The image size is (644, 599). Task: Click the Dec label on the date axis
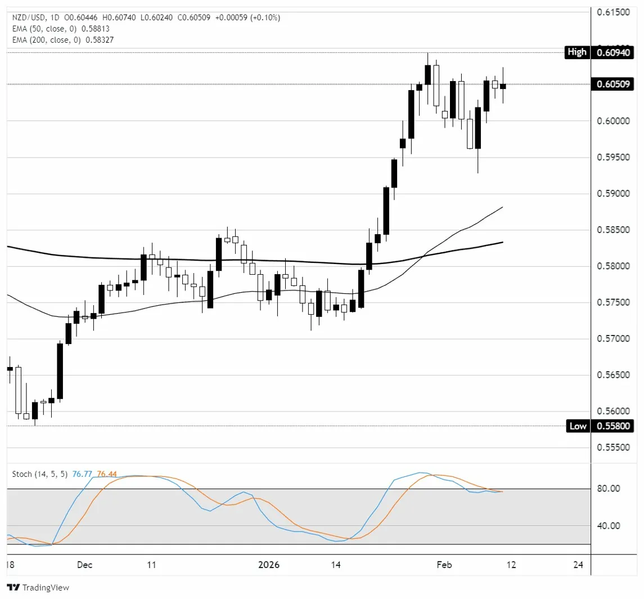(85, 564)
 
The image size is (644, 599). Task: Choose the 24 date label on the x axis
(577, 564)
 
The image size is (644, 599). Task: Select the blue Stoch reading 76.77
(76, 474)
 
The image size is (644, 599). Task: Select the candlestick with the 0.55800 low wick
(35, 411)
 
